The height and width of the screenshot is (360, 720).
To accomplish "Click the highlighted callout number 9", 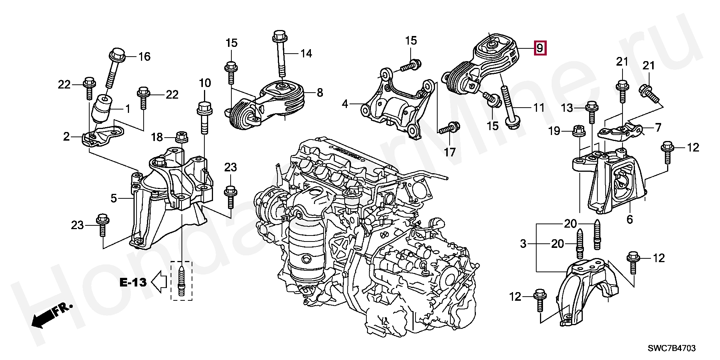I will click(x=540, y=48).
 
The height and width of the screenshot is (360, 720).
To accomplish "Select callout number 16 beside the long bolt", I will click(x=144, y=57).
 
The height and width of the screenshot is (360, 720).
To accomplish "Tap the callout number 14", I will click(x=306, y=54).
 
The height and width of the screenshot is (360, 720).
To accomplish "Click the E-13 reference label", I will click(x=133, y=282).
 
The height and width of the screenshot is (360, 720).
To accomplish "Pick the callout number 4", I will click(x=345, y=103).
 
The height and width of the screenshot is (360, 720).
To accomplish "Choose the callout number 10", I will click(x=205, y=83).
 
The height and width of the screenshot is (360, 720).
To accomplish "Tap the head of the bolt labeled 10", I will click(x=204, y=109).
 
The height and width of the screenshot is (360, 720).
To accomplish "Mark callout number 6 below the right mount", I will click(x=629, y=219).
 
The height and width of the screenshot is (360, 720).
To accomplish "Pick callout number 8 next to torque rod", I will click(x=319, y=92).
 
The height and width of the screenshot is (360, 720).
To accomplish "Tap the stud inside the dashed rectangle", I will click(x=181, y=281).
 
